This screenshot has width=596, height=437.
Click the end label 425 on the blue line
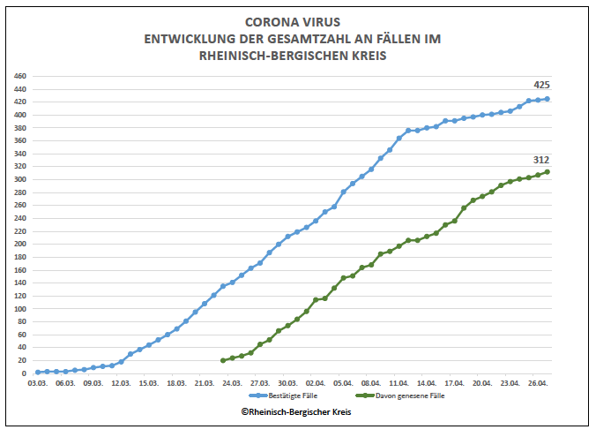[x=541, y=85]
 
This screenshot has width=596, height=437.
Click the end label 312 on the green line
[x=541, y=159]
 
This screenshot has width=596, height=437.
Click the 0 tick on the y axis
[x=25, y=373]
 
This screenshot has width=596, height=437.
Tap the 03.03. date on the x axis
[x=37, y=384]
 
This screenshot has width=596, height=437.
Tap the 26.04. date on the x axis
[x=538, y=384]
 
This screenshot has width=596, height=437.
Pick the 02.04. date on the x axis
[x=316, y=384]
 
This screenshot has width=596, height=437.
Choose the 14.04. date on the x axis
[x=427, y=384]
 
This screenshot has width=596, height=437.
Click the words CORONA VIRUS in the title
[x=297, y=22]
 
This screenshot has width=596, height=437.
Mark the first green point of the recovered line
[x=223, y=360]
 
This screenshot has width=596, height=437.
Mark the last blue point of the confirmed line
[x=547, y=99]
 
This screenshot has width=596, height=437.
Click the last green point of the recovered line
[x=547, y=171]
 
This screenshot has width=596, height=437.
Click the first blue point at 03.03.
[x=37, y=372]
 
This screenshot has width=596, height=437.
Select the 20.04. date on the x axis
[x=482, y=384]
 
